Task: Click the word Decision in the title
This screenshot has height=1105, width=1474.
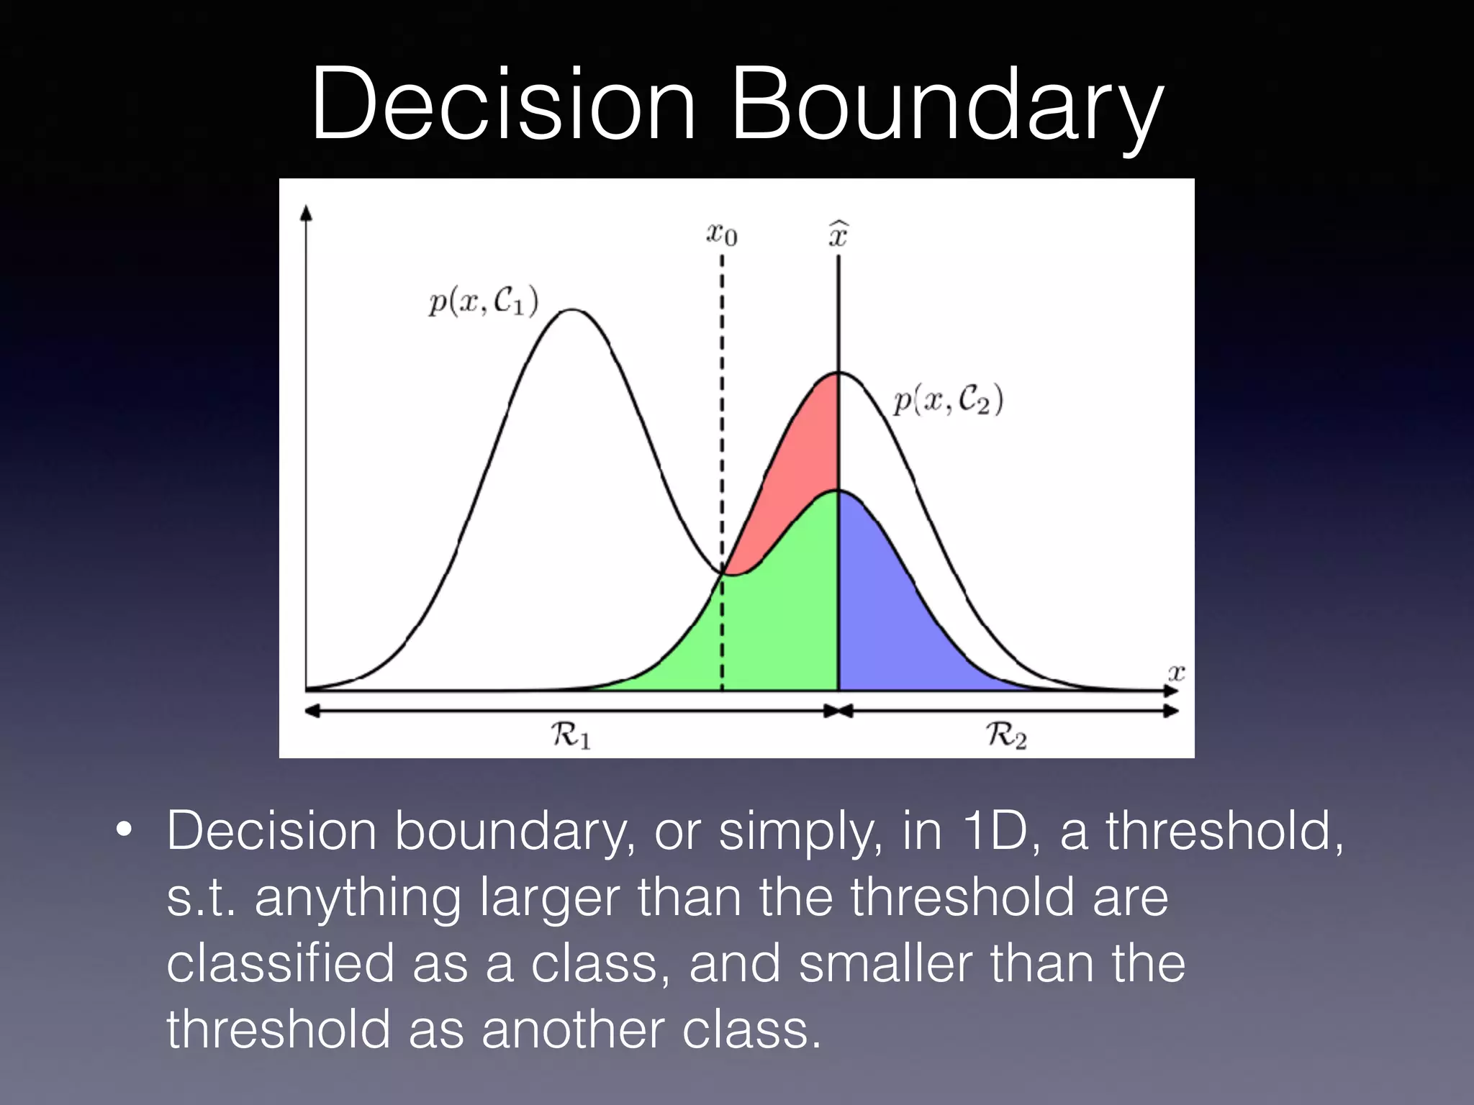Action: point(504,104)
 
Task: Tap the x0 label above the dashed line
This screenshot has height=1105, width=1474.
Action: point(722,234)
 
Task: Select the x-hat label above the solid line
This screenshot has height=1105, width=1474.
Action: point(838,234)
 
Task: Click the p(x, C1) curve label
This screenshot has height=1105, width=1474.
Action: point(483,301)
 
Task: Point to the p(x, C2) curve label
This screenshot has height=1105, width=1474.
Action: point(948,400)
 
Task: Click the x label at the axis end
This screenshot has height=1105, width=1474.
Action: point(1175,673)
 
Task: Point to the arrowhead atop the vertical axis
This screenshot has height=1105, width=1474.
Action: point(307,212)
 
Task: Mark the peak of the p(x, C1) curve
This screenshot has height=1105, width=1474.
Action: point(571,310)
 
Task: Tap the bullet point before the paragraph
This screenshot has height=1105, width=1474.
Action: point(124,832)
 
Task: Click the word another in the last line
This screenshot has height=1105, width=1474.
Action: point(572,1029)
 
